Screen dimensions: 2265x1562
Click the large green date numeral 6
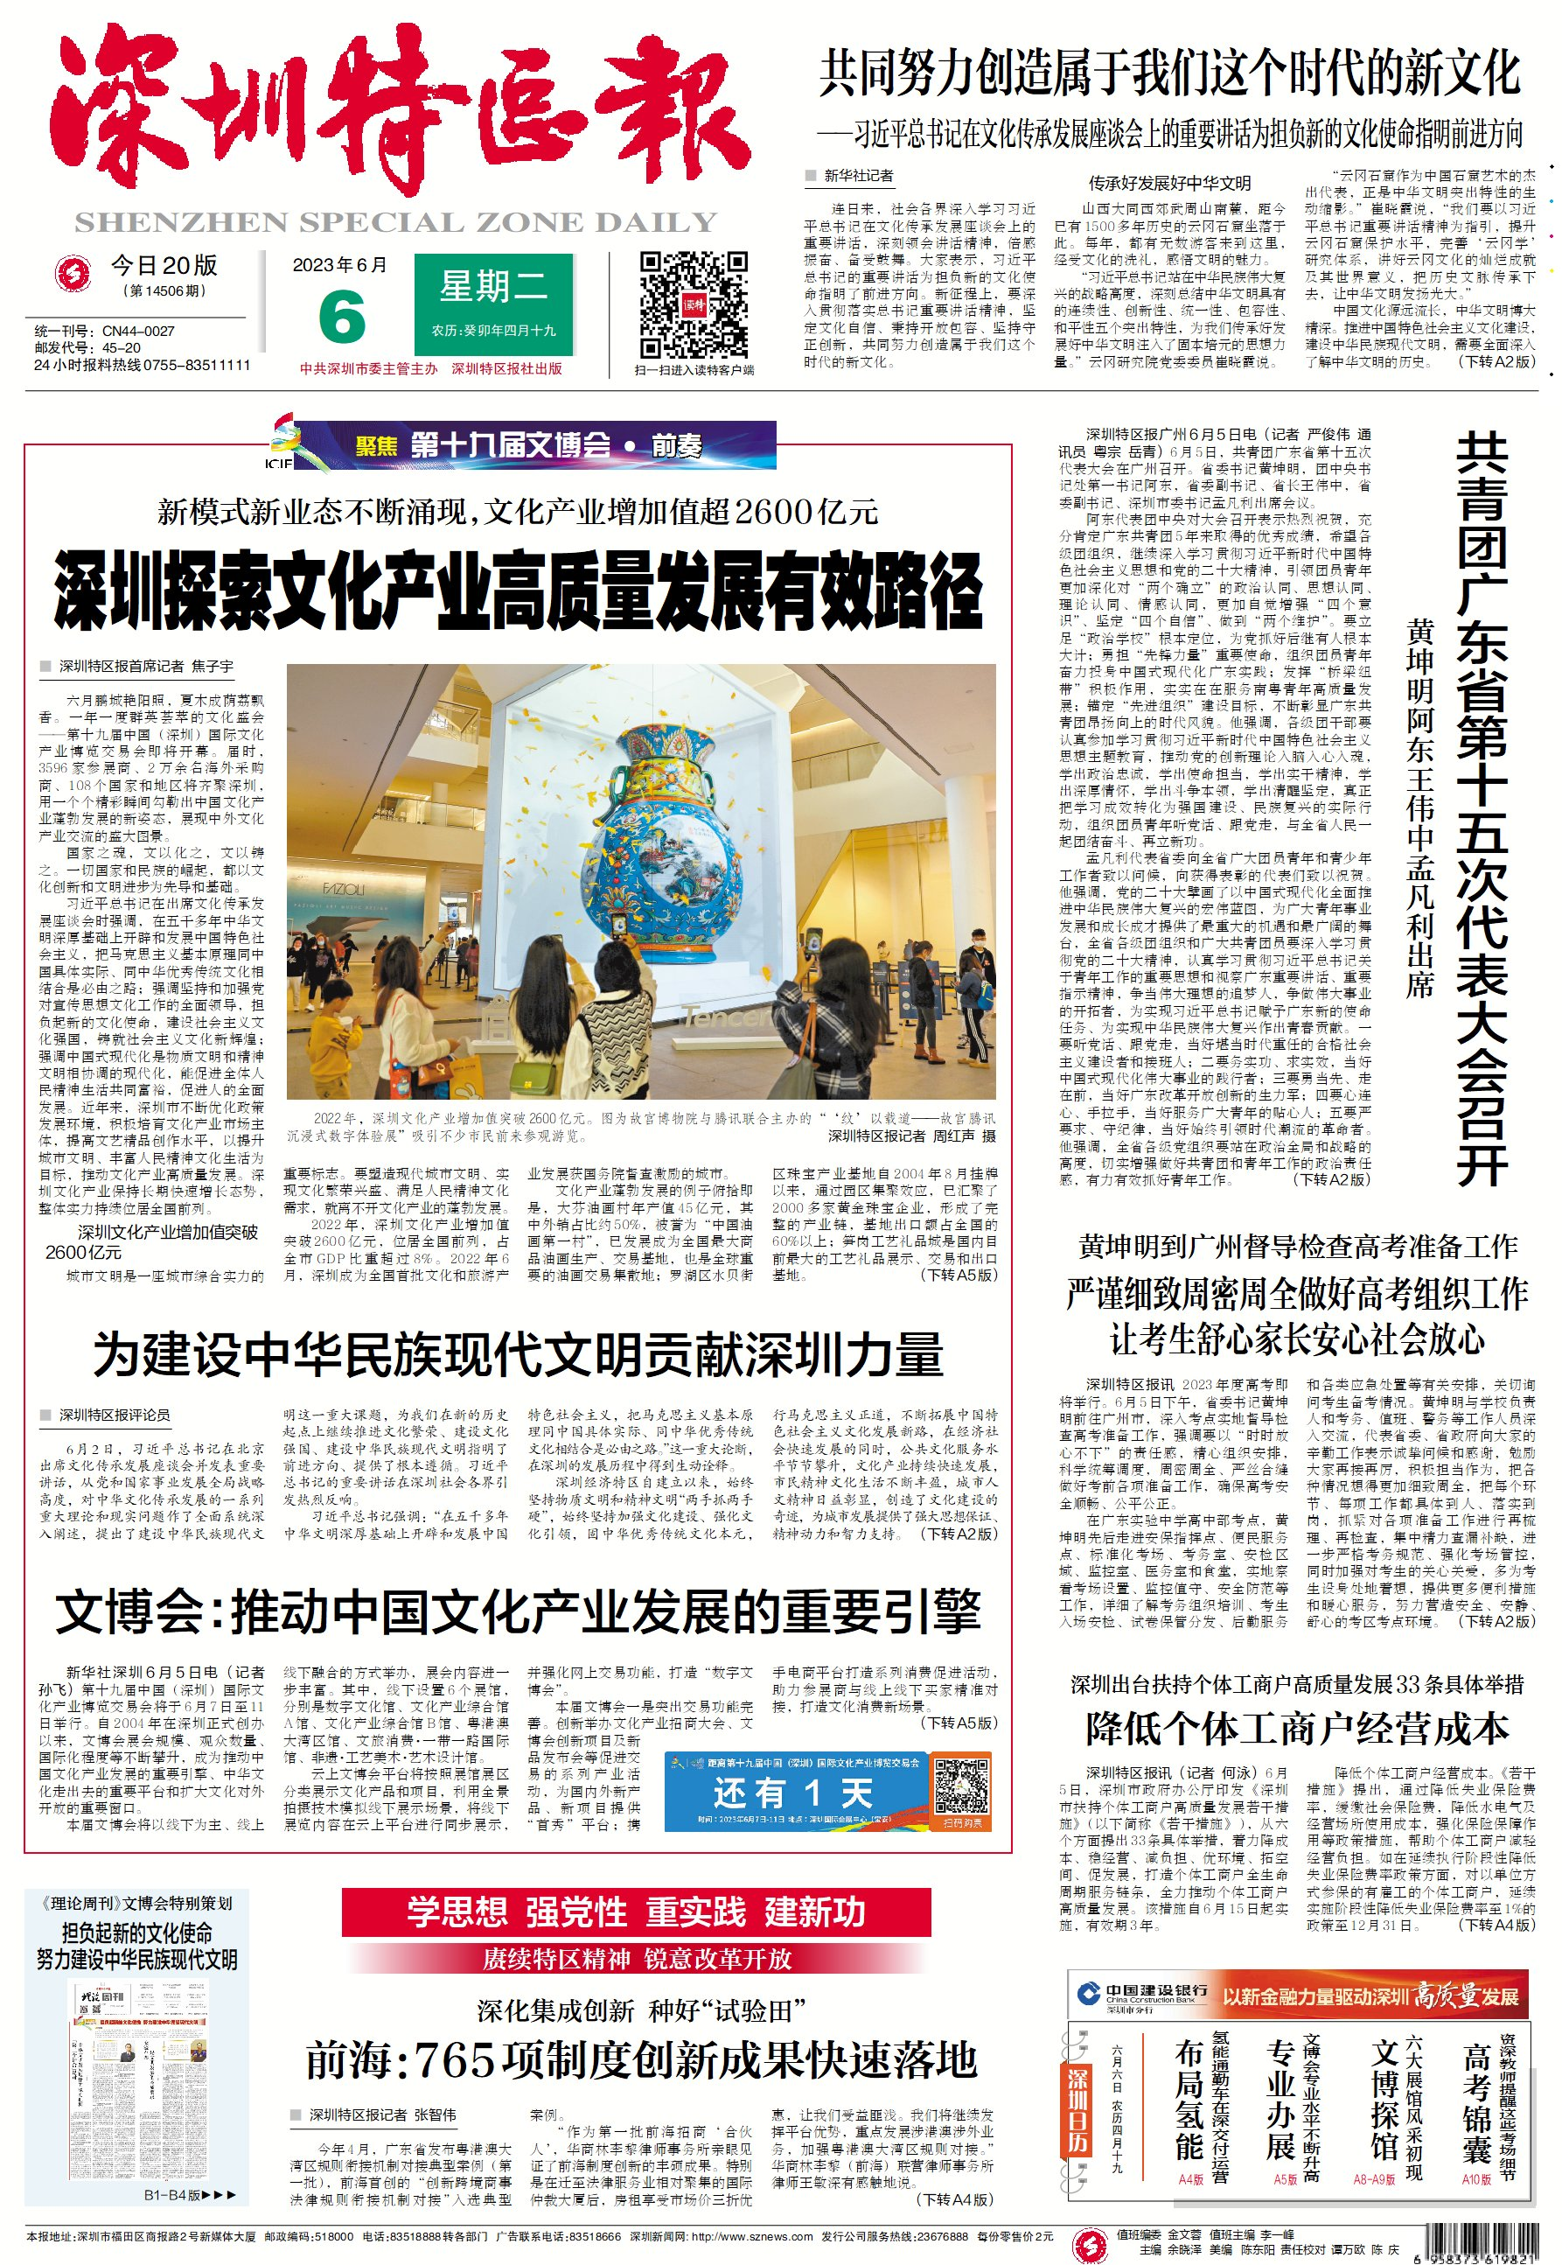342,316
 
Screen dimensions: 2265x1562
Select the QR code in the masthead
693,304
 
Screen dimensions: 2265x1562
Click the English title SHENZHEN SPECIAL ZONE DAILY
396,223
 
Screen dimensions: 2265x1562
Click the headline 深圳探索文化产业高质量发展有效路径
518,591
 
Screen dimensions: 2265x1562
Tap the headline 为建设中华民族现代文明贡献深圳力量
518,1353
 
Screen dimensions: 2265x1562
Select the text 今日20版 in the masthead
164,265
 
